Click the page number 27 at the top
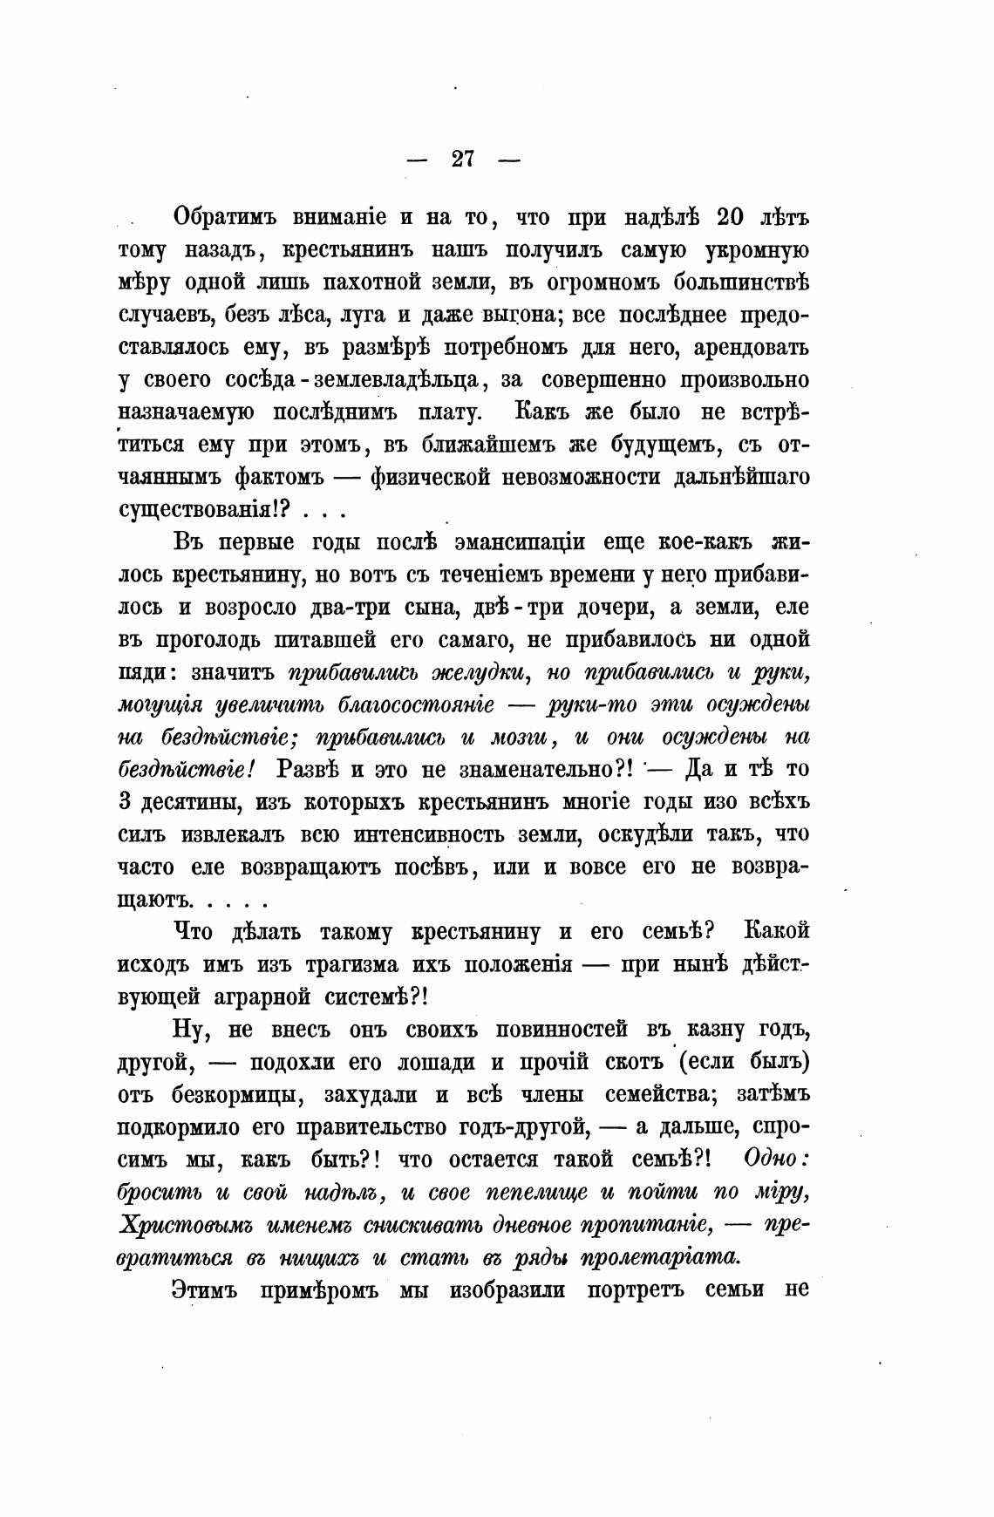(x=462, y=159)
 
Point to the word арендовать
(x=751, y=348)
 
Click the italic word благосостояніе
(x=417, y=705)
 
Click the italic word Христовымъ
(x=174, y=1225)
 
